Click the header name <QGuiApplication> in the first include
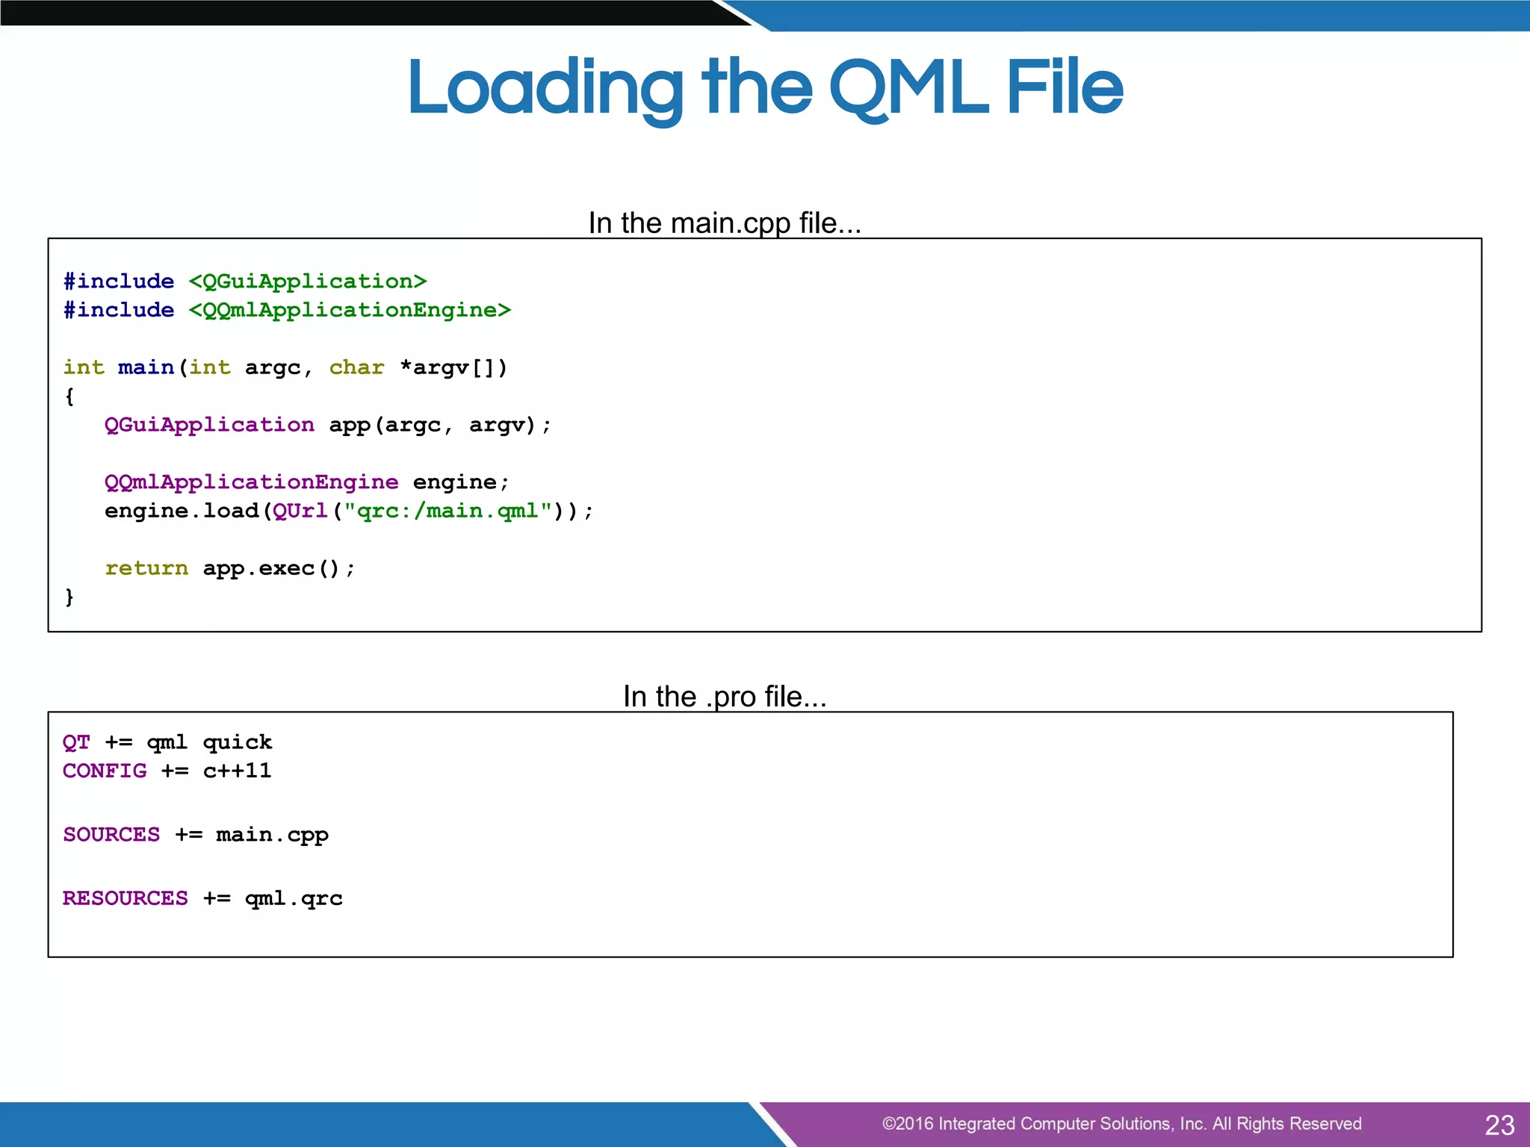307,282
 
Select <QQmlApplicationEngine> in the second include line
350,310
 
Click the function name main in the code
146,367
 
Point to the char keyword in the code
356,367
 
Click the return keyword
146,568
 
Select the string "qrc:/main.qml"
447,511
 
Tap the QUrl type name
300,511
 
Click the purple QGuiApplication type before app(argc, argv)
209,425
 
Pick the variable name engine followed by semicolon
454,482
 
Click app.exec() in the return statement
271,568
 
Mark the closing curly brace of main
69,597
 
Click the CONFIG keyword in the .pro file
105,771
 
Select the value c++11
237,771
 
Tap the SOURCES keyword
111,834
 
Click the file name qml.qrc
294,898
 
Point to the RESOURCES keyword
126,898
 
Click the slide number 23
1499,1125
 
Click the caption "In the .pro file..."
725,696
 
